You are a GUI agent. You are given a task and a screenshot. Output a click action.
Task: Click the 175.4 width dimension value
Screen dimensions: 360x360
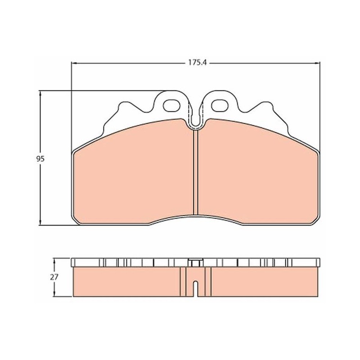[198, 63]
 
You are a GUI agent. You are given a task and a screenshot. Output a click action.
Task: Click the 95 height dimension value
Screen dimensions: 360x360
[40, 159]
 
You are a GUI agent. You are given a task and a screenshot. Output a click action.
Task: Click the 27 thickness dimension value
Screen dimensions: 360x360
[54, 277]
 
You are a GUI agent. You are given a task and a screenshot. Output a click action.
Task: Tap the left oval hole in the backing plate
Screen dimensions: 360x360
[172, 106]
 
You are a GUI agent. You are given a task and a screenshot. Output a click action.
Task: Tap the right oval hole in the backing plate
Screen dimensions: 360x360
[220, 106]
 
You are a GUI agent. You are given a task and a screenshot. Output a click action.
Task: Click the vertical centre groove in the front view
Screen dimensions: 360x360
[196, 173]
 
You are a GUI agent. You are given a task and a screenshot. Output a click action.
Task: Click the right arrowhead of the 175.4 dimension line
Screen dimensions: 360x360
[318, 63]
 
